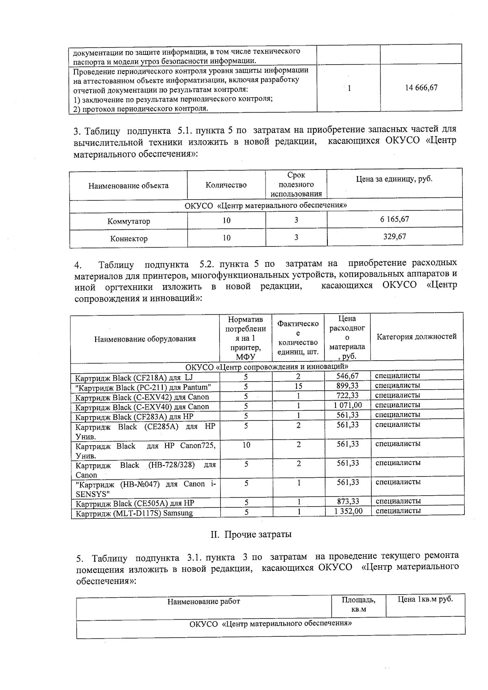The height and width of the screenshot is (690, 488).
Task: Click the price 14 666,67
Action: [x=421, y=87]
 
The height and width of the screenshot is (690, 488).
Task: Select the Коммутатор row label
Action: [x=129, y=222]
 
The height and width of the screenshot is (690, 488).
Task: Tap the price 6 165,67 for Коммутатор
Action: [x=394, y=219]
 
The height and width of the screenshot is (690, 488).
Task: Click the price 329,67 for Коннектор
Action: [x=394, y=237]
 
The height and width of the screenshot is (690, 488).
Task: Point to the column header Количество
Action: [x=226, y=185]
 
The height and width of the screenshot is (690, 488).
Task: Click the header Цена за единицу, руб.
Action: [x=394, y=179]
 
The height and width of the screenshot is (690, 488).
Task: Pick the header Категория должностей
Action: [x=416, y=337]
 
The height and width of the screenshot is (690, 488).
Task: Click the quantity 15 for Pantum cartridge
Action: [x=298, y=386]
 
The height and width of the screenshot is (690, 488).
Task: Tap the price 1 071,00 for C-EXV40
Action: [x=347, y=405]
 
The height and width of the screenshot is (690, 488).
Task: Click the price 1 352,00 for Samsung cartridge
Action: [x=348, y=511]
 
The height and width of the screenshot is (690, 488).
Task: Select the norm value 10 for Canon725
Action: [x=246, y=445]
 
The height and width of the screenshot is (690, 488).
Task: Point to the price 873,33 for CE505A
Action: [x=348, y=501]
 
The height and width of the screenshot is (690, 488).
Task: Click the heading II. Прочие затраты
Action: [x=251, y=534]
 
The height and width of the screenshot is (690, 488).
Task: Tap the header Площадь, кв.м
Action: [x=358, y=604]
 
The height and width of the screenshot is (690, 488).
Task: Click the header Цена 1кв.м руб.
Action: [x=425, y=599]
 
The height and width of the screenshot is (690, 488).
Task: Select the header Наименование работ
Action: [x=203, y=601]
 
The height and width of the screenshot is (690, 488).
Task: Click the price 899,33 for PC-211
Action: [x=347, y=385]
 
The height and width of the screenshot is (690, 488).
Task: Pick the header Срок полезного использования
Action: [x=296, y=185]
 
